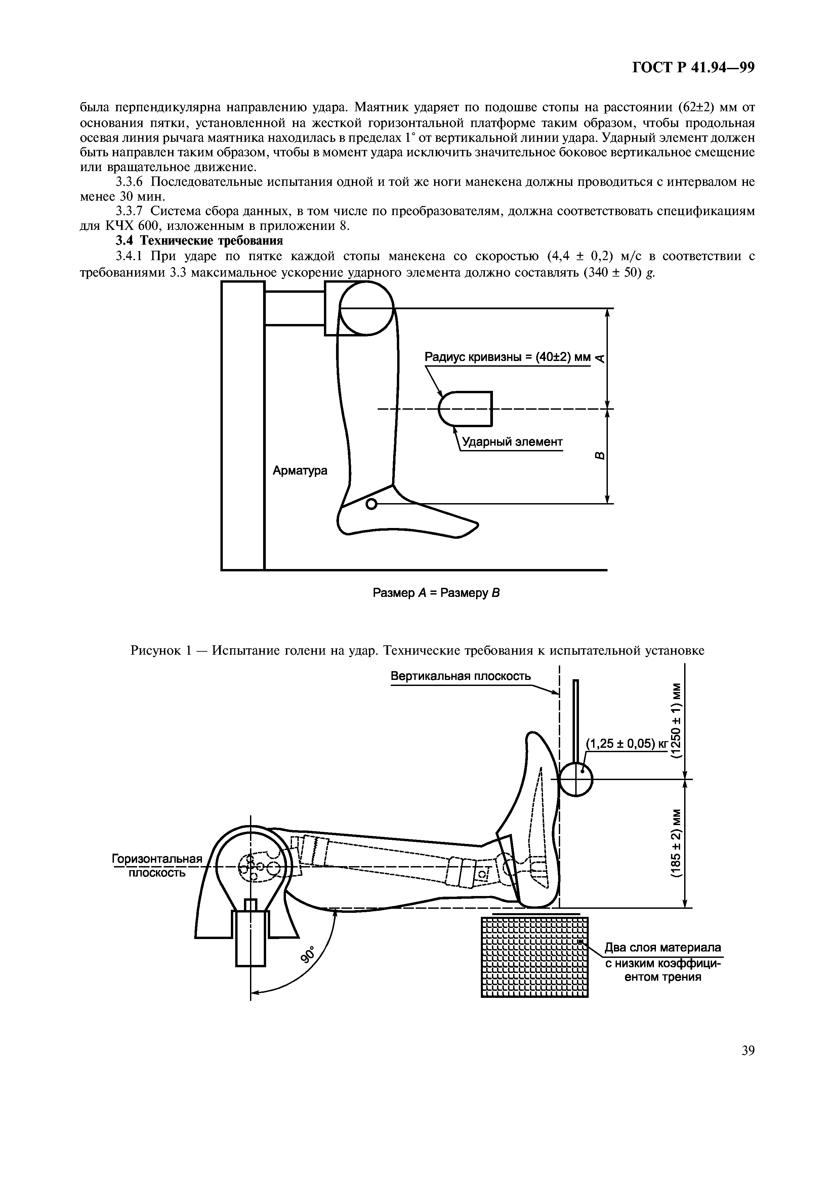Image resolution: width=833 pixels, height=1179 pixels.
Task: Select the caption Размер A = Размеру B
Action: [436, 593]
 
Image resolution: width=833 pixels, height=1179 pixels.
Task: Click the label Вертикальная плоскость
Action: [461, 676]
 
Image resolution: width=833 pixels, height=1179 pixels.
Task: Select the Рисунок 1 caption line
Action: [417, 651]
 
